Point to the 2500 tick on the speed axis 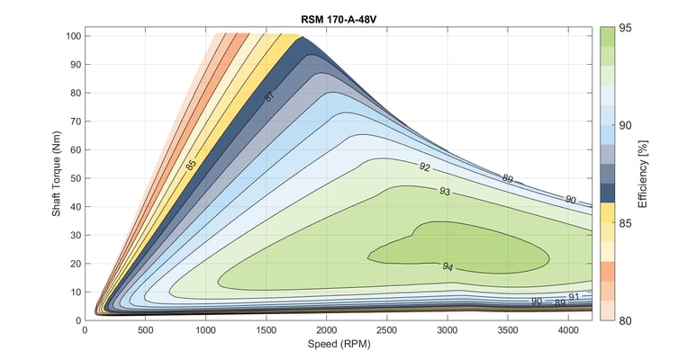click(388, 329)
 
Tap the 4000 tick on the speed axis click(570, 329)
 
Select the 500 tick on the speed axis click(145, 329)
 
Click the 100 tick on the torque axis click(71, 36)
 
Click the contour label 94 click(447, 266)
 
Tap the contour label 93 click(444, 192)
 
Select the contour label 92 click(424, 166)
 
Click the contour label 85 click(191, 166)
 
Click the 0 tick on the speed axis click(85, 329)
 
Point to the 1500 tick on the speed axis click(267, 329)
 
